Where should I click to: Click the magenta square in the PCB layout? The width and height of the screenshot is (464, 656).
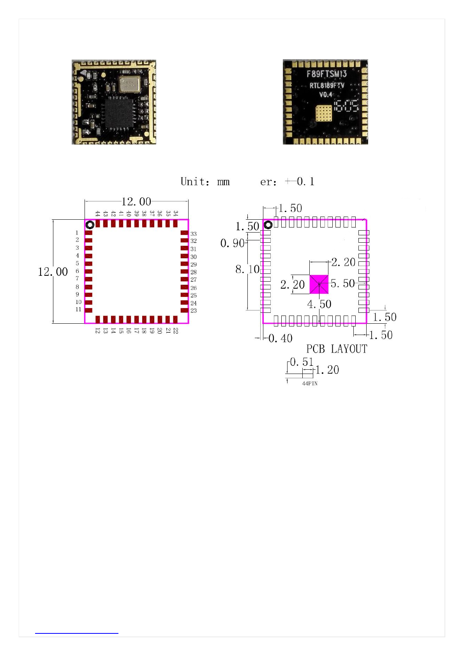pyautogui.click(x=319, y=284)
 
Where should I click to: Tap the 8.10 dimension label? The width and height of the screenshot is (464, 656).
pyautogui.click(x=247, y=269)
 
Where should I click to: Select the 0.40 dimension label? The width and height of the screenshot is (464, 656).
pyautogui.click(x=280, y=338)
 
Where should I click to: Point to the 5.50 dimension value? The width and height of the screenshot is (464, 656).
pyautogui.click(x=342, y=283)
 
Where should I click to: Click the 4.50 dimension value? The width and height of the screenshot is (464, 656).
pyautogui.click(x=319, y=304)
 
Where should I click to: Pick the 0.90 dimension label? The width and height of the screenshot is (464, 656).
pyautogui.click(x=232, y=243)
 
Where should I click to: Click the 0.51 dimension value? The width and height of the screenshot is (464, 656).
pyautogui.click(x=302, y=362)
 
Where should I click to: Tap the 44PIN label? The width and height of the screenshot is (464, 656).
pyautogui.click(x=310, y=383)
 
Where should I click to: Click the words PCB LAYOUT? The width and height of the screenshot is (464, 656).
pyautogui.click(x=337, y=349)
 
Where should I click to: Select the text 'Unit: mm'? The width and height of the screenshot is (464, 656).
pyautogui.click(x=205, y=182)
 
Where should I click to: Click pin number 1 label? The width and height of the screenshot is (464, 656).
pyautogui.click(x=77, y=233)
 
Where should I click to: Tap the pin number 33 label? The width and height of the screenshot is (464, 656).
pyautogui.click(x=194, y=234)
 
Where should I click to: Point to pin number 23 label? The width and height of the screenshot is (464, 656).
pyautogui.click(x=194, y=310)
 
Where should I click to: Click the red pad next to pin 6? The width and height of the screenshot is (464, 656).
pyautogui.click(x=89, y=272)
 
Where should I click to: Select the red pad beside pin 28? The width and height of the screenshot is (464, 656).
pyautogui.click(x=184, y=272)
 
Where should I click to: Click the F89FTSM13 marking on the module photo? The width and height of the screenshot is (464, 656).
pyautogui.click(x=326, y=74)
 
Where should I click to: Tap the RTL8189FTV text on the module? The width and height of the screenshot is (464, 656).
pyautogui.click(x=327, y=85)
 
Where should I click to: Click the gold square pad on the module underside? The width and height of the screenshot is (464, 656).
pyautogui.click(x=324, y=113)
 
